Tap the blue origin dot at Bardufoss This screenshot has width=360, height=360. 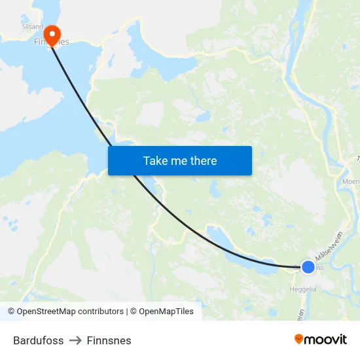coord(308,267)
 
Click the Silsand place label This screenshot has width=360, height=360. coord(32,27)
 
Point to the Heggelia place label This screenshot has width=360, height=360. coord(302,288)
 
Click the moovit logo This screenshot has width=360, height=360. coord(321,339)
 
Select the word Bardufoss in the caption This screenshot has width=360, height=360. coord(39,340)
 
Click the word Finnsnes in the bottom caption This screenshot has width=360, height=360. coord(109,340)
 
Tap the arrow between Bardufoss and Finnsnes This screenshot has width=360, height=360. coord(75,340)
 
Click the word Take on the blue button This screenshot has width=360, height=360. coord(154,161)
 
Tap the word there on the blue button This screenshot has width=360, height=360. coord(203,161)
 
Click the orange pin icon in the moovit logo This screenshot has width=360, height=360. coord(299,339)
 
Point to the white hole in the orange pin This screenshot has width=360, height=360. coord(52,31)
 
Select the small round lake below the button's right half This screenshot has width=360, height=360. coord(215,189)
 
